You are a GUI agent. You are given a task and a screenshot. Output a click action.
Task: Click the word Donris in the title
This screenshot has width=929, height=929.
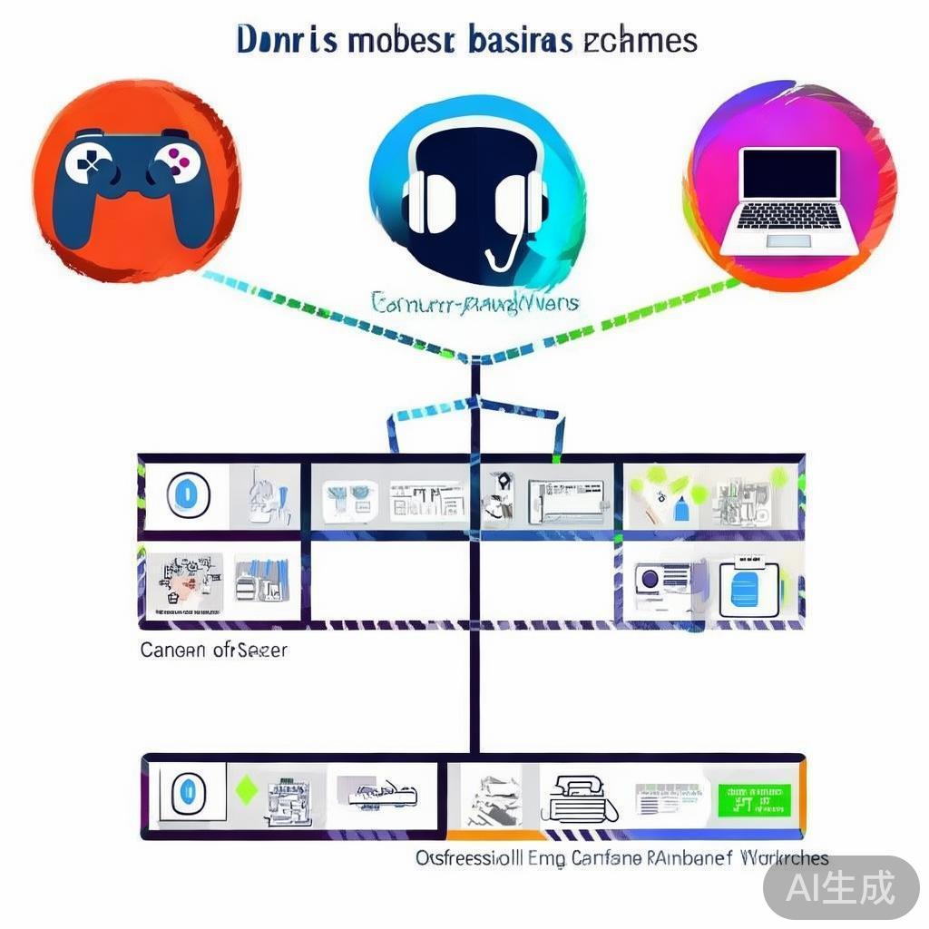(x=282, y=41)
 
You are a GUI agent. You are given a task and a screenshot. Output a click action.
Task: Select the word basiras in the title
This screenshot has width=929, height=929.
(x=521, y=41)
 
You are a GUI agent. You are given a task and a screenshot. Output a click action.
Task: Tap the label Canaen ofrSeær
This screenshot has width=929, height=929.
(x=213, y=650)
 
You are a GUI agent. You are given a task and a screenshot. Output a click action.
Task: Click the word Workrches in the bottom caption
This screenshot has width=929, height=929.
(x=784, y=857)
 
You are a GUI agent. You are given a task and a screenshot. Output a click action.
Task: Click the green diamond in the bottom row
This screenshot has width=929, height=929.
(x=244, y=789)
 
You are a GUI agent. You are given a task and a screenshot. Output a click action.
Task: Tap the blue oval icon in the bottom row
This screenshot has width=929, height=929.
(x=190, y=791)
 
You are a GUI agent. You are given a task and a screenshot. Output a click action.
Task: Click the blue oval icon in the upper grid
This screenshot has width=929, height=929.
(x=188, y=495)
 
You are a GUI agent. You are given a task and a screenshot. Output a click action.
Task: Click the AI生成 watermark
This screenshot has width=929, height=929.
(x=839, y=885)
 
